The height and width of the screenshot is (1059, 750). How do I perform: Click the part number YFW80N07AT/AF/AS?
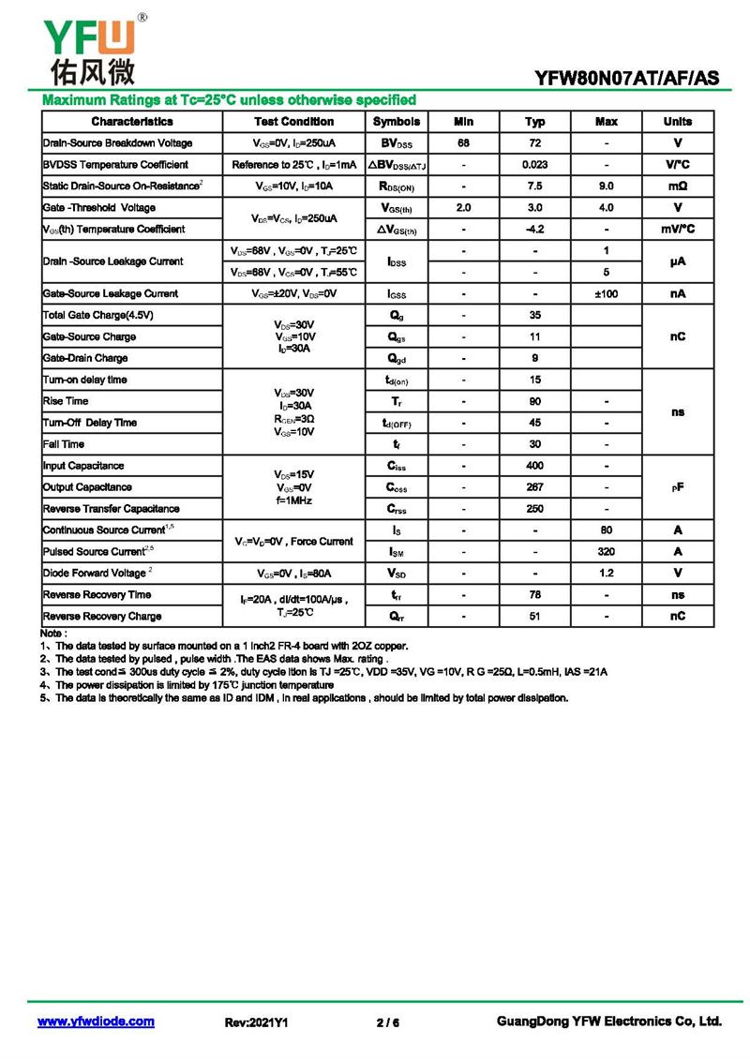tap(627, 79)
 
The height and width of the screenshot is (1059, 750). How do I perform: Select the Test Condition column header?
tap(293, 122)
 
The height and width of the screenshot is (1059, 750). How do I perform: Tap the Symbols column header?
tap(397, 122)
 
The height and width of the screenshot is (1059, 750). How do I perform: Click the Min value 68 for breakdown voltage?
tap(463, 143)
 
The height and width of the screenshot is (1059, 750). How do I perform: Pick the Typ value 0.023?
tap(535, 165)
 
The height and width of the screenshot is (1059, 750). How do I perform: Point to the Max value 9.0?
tap(607, 186)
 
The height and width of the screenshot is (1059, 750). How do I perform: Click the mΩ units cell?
tap(678, 186)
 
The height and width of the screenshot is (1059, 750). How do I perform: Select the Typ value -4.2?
tap(535, 230)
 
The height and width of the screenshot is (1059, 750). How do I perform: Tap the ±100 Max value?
tap(607, 294)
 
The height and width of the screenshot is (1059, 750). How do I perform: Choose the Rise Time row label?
tap(66, 401)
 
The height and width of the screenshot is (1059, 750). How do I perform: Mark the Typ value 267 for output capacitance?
tap(535, 487)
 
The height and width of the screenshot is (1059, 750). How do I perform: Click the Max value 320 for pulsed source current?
tap(607, 552)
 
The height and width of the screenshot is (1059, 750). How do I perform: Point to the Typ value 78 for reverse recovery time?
tap(535, 595)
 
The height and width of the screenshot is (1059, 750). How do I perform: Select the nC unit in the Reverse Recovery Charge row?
tap(678, 617)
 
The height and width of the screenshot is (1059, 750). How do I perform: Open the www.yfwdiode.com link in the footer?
tap(96, 1022)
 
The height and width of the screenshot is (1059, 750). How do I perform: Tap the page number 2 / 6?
tap(387, 1022)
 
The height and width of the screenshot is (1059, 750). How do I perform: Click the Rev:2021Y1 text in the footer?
tap(256, 1022)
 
